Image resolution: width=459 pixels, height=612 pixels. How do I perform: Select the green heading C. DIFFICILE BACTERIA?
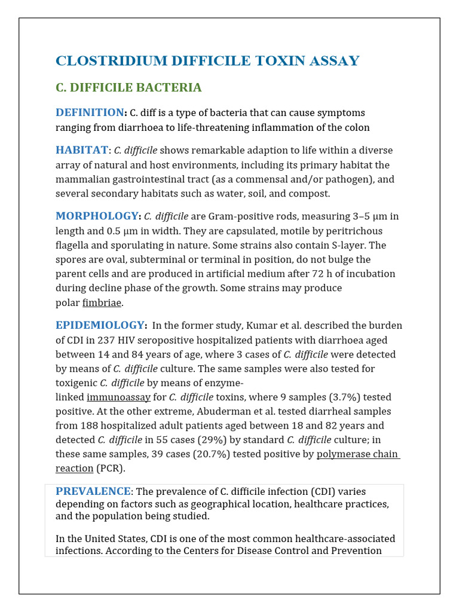point(128,88)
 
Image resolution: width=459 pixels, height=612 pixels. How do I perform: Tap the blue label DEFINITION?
point(90,112)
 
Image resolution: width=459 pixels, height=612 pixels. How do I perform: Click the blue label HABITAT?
point(82,150)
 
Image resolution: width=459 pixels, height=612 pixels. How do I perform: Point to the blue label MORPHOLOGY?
point(97,216)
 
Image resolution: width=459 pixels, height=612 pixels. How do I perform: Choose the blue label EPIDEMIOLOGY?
point(100,325)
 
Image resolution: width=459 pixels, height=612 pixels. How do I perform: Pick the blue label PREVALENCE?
point(93,491)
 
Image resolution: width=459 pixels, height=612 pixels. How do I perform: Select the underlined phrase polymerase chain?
point(357,454)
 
